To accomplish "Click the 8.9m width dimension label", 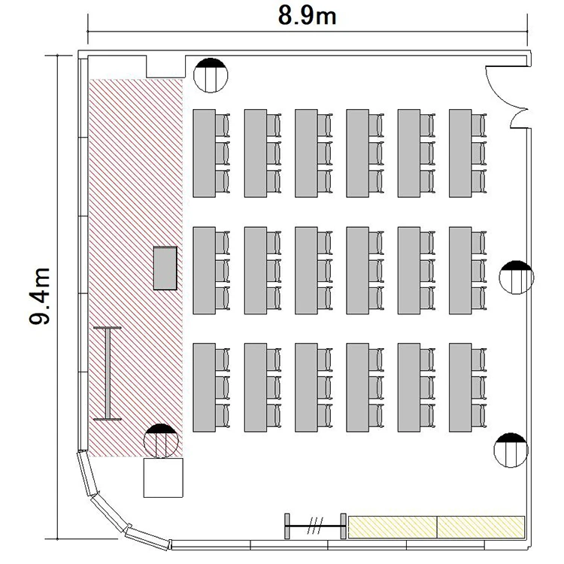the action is (307, 17).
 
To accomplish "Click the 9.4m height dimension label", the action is (39, 296).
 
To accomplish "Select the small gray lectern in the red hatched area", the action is (165, 268).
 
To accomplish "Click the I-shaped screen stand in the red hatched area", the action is (108, 373).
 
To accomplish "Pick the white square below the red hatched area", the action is (163, 478).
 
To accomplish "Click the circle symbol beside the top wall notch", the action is (211, 75).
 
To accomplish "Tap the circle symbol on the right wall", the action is (517, 277).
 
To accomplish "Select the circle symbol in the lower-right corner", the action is (511, 450).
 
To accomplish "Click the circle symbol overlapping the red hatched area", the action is (161, 441).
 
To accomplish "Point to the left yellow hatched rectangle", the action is (393, 527).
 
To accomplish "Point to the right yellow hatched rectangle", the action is (481, 527).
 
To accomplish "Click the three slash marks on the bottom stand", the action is (316, 526).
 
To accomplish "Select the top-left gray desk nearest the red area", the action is (205, 153).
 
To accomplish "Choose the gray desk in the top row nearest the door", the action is (460, 153).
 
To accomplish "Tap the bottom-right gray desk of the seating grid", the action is (460, 387).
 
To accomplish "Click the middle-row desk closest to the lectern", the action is (205, 271).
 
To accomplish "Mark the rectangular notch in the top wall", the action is (166, 66).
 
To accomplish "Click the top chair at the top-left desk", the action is (223, 125).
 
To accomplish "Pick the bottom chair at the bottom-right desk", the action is (479, 415).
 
